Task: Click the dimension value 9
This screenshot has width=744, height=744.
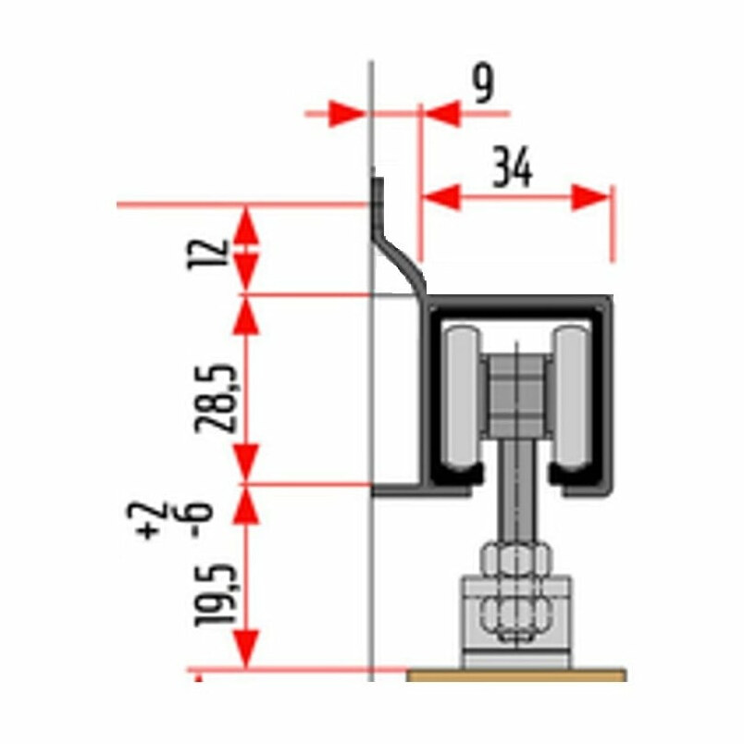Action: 483,83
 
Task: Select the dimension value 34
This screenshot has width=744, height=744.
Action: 513,167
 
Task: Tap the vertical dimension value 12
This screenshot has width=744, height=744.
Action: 208,254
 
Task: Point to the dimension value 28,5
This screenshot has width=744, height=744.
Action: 215,398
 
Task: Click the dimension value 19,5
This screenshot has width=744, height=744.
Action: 215,594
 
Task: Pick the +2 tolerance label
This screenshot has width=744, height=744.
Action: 151,520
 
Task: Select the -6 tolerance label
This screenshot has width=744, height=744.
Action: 201,519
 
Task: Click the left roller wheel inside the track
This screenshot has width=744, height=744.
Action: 462,398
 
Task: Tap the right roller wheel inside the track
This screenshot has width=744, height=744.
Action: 571,398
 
